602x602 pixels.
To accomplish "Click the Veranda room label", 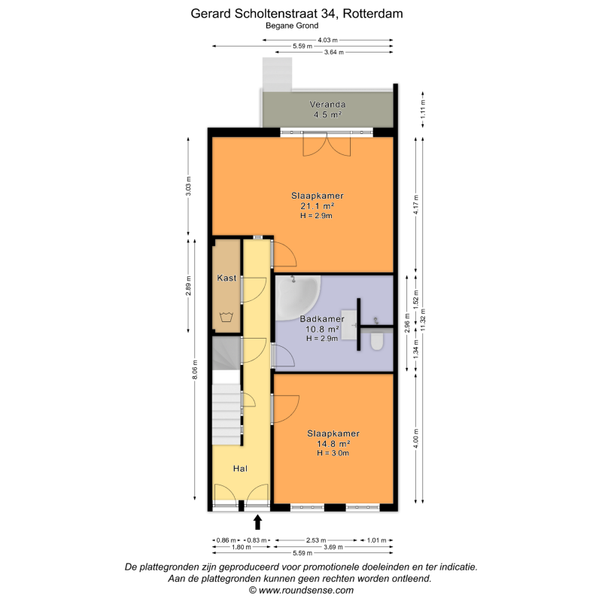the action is pos(327,105).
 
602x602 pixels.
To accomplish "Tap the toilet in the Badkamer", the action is pos(377,342).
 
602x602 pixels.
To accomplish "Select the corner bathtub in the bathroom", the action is pos(298,297).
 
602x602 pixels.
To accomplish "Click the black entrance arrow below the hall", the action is pos(257,522).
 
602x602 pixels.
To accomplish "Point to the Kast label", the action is pos(227,278).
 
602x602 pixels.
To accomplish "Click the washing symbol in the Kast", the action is pos(227,317).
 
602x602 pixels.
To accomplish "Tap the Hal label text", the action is pos(240,468).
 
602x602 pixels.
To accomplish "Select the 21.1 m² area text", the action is pos(317,205).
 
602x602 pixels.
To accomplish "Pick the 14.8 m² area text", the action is pos(333,443).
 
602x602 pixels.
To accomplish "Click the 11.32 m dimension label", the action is pos(423,319).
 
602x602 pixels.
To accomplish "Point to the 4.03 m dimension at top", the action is pos(327,40).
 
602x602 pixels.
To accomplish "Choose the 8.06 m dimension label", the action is pos(195,370).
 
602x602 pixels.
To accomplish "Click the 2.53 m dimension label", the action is pos(316,540).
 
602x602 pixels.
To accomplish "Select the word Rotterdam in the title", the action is pos(372,14).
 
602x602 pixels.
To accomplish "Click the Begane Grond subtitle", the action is pos(292,26).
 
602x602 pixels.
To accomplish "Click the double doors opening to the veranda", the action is pos(327,144).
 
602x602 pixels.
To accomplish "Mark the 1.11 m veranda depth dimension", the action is pos(423,110).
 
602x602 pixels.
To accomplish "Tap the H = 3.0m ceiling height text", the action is pos(333,453).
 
